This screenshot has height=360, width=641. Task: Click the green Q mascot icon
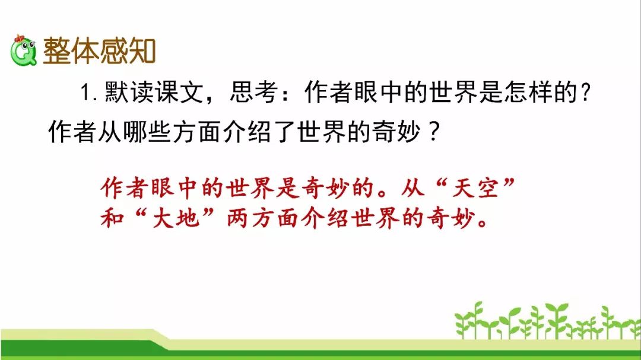(x=23, y=50)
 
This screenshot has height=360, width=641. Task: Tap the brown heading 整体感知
(x=99, y=51)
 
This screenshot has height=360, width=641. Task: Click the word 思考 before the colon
(x=254, y=92)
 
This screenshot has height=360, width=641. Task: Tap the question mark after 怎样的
(x=585, y=93)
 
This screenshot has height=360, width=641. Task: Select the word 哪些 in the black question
(x=147, y=132)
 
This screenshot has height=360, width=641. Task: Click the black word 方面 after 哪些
(x=197, y=132)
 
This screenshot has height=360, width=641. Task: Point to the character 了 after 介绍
(x=285, y=132)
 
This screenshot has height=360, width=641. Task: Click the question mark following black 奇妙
(x=434, y=132)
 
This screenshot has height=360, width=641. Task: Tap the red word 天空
(x=475, y=189)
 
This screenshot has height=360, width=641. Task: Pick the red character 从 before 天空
(x=413, y=189)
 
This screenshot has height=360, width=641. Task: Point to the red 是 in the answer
(x=288, y=189)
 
